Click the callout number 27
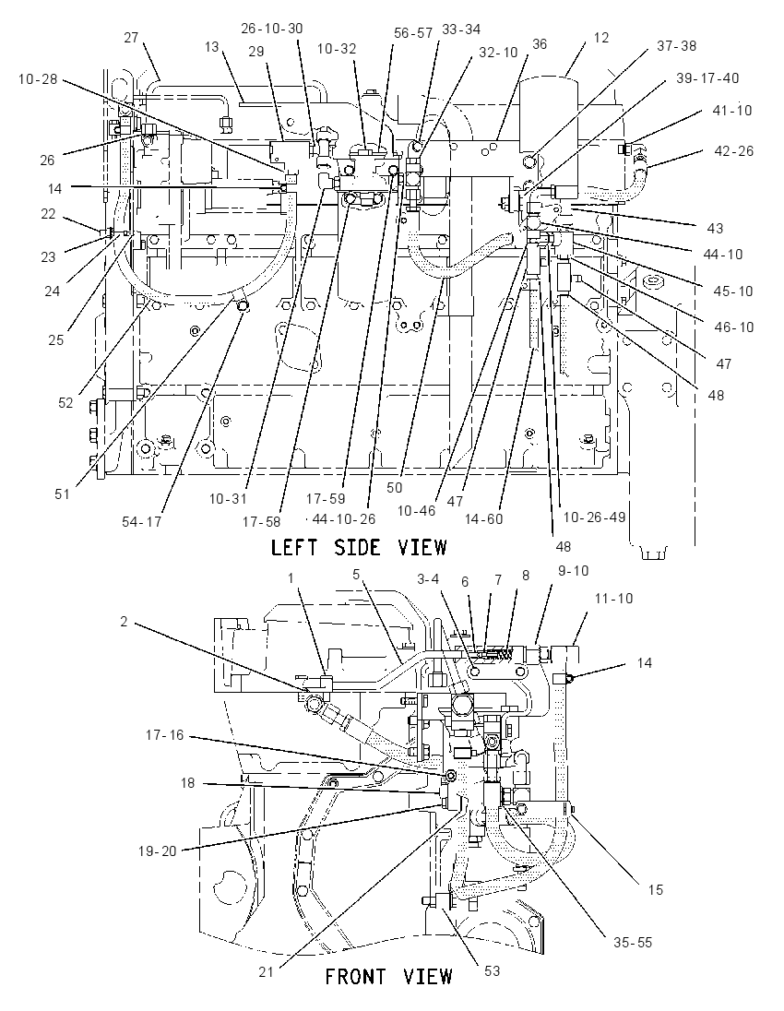pyautogui.click(x=131, y=38)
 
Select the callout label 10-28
pyautogui.click(x=38, y=79)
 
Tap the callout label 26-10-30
pyautogui.click(x=272, y=29)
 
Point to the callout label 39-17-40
pyautogui.click(x=707, y=78)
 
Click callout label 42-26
pyautogui.click(x=733, y=151)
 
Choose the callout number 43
pyautogui.click(x=715, y=228)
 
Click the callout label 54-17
pyautogui.click(x=141, y=521)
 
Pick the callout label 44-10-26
pyautogui.click(x=344, y=518)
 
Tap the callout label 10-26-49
pyautogui.click(x=594, y=517)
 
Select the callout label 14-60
pyautogui.click(x=483, y=518)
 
